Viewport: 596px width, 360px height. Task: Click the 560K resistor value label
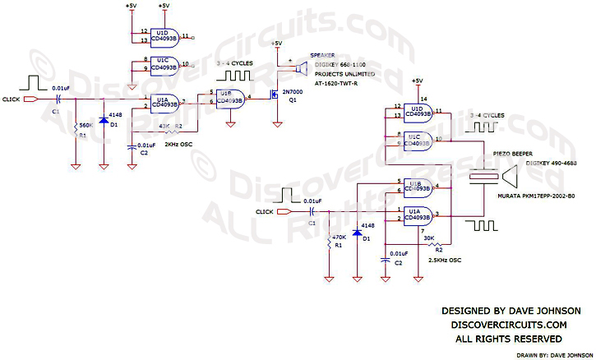[84, 126]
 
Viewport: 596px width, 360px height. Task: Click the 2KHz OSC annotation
[179, 145]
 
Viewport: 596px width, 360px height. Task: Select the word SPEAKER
[322, 56]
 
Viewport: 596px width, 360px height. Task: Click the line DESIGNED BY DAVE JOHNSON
[511, 311]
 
